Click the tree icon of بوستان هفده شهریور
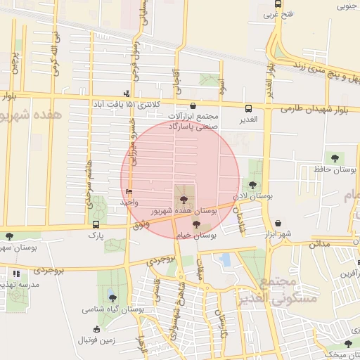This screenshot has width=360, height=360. coord(184,200)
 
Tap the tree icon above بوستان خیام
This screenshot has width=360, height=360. coord(196,224)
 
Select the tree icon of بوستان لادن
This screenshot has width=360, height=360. coord(253,185)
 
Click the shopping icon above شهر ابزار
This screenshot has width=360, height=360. coord(278,223)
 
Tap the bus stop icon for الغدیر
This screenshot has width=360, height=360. coord(249,108)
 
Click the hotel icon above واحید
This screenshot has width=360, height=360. coord(128,192)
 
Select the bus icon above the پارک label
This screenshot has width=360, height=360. coord(96,224)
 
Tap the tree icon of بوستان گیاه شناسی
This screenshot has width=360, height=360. coord(112,297)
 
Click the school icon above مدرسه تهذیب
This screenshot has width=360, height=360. coord(16,273)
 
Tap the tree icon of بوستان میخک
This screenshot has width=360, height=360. coord(348,343)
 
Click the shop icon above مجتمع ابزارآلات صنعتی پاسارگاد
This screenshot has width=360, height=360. coord(193,103)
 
